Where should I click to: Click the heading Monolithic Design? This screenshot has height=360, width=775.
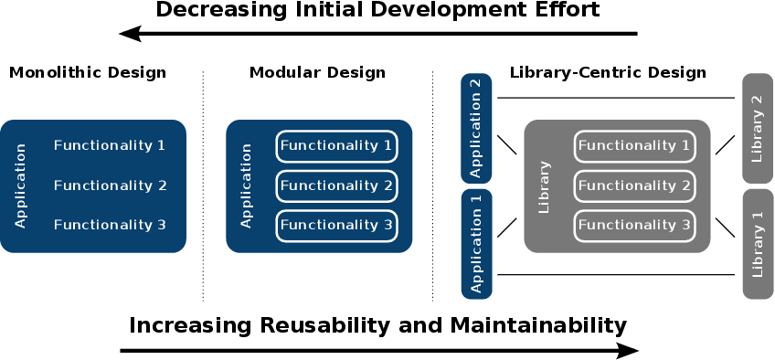pos(88,73)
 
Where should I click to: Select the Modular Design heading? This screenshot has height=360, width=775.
pos(317,73)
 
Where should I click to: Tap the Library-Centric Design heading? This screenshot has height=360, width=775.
pos(608,73)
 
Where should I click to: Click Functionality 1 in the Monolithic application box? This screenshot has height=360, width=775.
pos(110,145)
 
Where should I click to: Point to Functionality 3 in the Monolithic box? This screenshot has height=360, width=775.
pos(110,225)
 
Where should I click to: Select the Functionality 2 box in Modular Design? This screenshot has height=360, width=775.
pos(336,186)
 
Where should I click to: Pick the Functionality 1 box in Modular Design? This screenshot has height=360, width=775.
pos(336,146)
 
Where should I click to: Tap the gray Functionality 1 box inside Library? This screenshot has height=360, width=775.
pos(634,146)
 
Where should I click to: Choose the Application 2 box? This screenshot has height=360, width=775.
pos(476,129)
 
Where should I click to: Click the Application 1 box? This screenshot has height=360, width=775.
pos(476,244)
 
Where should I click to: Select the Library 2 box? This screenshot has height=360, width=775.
pos(758,129)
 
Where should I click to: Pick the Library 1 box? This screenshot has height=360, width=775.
pos(759,244)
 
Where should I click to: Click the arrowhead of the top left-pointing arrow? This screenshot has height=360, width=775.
pos(130,34)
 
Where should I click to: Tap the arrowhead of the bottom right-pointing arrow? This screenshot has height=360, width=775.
pos(628,351)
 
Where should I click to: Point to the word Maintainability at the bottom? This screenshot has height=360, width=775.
pos(538,326)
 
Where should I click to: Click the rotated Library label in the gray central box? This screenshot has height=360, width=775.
pos(544,186)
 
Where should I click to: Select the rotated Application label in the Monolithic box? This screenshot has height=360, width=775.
pos(20,186)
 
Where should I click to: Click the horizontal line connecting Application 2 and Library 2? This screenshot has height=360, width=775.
pos(616,98)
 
